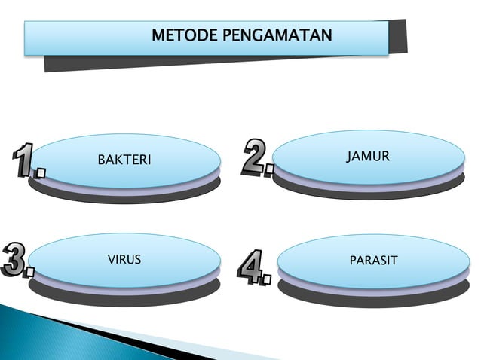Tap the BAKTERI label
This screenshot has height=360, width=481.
tap(124, 160)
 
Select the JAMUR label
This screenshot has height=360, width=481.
tap(368, 157)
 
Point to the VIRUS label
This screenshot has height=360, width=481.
tap(124, 260)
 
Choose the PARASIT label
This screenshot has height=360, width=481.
tap(373, 261)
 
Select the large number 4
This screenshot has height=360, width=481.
tap(250, 265)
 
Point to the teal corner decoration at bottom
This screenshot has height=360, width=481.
tap(30, 331)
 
